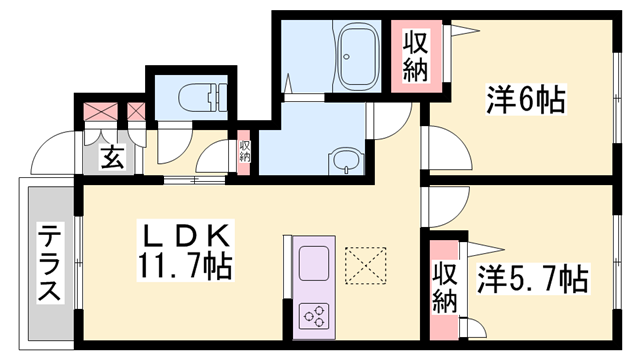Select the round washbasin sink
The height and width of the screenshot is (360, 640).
click(344, 161)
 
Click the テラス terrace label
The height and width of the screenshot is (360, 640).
click(48, 264)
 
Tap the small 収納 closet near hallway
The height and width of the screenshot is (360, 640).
click(245, 152)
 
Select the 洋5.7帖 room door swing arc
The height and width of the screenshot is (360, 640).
click(446, 205)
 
